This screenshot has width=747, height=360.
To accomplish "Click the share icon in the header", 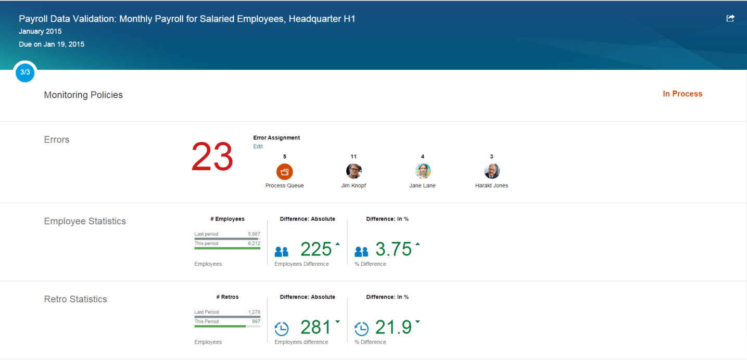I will pos(730,18).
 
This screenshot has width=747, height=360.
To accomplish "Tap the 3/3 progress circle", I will pos(25,72).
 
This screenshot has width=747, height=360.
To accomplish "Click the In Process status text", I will pos(682,94).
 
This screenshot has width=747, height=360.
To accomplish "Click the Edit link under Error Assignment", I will pos(258,147).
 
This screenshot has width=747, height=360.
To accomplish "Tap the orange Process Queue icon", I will pos(285,171).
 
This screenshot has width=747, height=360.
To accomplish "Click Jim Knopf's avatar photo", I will pos(353,171).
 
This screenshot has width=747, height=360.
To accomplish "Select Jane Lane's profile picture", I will pos(423,171).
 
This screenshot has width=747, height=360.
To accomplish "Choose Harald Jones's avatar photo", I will pos(491,171).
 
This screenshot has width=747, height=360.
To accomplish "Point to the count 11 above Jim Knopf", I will pos(353,157).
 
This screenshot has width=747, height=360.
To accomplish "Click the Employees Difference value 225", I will pos(316,250).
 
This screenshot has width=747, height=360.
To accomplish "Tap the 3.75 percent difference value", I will pos(394,250).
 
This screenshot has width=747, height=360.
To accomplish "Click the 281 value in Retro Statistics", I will pos(316,328).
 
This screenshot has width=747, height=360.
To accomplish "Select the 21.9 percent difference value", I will pos(394,328).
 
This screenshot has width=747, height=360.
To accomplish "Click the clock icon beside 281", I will pos(282,329).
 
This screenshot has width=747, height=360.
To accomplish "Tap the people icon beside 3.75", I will pos(361,252).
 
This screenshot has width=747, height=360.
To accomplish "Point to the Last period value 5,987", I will pos(254,234).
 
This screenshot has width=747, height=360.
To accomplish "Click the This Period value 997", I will pos(255,322).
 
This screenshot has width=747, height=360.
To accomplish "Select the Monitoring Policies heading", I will pos(83,95).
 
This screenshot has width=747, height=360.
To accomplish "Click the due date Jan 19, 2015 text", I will pos(52,44).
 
